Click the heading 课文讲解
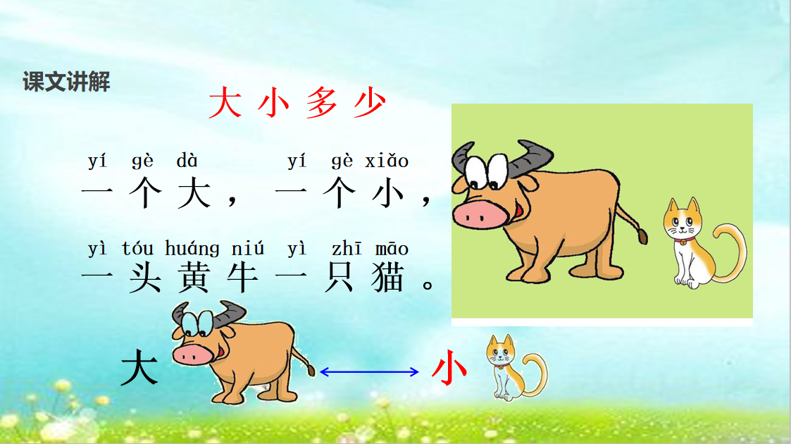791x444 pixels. coord(66,82)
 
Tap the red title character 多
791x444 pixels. coord(321,102)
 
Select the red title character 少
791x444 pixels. coord(370,102)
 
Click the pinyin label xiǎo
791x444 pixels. coord(387,161)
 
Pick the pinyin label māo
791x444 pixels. coord(392,249)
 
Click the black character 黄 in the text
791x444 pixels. coord(194,278)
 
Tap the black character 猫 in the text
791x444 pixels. coord(388,278)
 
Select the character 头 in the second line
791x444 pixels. coord(145,278)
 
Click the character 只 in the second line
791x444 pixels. coord(339,278)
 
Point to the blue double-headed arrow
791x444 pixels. coord(369,372)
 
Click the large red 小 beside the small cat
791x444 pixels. coord(449,368)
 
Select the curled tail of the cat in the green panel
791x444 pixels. coord(730,252)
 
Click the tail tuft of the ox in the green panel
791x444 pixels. coord(642,235)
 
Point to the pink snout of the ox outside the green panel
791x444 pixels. coord(193,354)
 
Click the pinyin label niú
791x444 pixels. coord(248,249)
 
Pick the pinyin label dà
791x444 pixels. coord(187,161)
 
